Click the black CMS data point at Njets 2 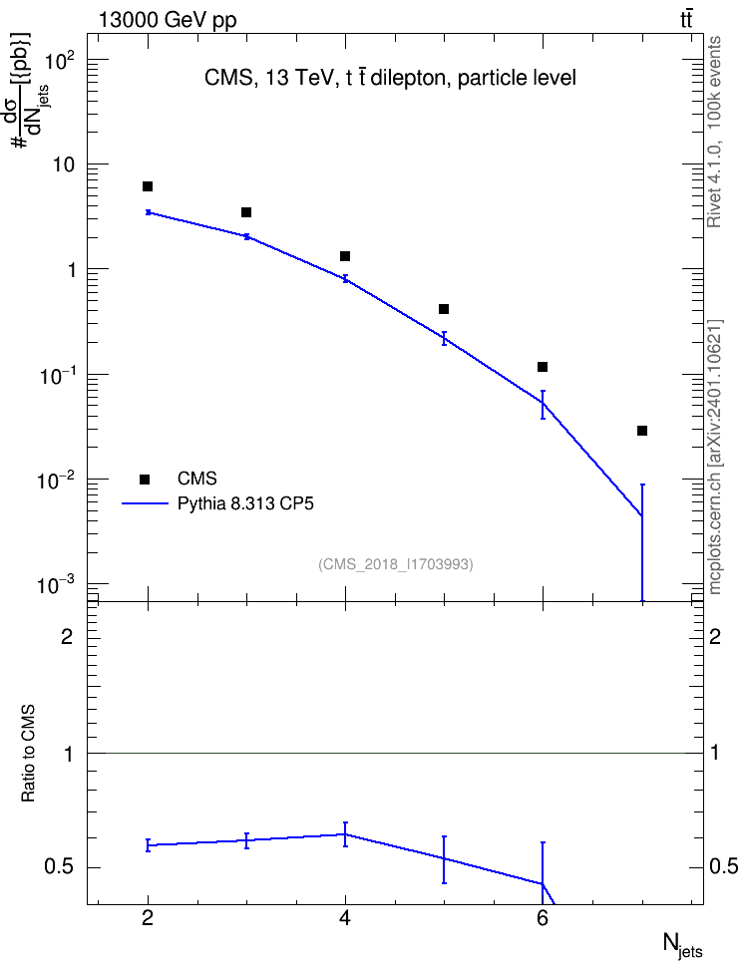coord(148,186)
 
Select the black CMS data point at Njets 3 coord(246,212)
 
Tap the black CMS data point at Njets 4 coord(345,256)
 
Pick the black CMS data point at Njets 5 coord(444,309)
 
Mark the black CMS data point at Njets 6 coord(543,367)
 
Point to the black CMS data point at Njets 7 coord(642,431)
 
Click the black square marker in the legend coord(145,479)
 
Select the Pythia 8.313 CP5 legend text coord(245,504)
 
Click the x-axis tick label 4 coord(345,919)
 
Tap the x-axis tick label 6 coord(543,919)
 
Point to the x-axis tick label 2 coord(148,919)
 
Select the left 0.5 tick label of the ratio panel coord(59,867)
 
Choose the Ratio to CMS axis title coord(28,754)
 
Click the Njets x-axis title coord(683,945)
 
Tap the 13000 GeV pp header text coord(167,21)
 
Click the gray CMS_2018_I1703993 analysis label coord(396,564)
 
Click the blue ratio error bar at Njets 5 coord(444,859)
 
